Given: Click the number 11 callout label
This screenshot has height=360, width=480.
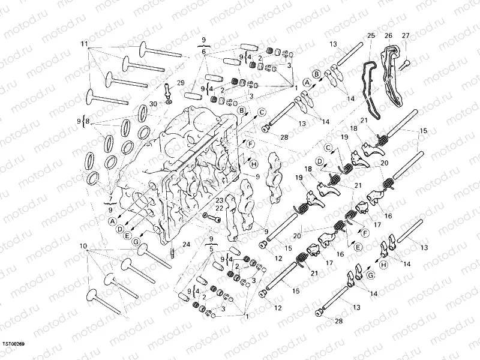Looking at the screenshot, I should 84,45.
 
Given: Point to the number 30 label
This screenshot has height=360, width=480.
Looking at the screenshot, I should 136,104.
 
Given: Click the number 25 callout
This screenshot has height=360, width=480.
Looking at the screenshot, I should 370,35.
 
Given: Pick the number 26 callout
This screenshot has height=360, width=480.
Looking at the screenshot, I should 388,35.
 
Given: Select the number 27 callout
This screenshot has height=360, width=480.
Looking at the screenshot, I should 406,35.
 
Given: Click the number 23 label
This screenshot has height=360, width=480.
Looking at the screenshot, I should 220,200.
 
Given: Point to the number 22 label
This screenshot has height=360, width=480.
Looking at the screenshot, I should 220,208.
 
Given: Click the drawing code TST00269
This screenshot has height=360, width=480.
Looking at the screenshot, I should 13,344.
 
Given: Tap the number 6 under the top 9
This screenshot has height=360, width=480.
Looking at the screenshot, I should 204,52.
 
